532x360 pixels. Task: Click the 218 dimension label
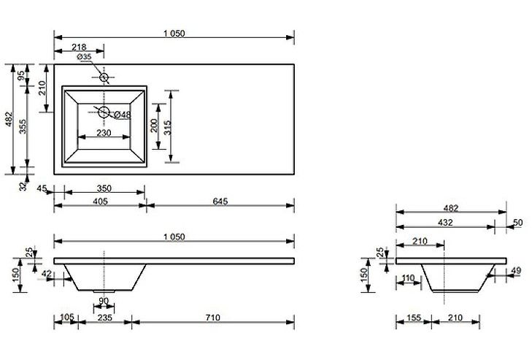click(79, 47)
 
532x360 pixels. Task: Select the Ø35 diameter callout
click(84, 57)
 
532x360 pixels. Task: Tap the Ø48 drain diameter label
click(123, 115)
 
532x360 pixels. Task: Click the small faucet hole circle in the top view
click(104, 77)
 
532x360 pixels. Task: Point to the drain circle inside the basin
click(104, 112)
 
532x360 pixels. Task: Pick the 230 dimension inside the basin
click(104, 132)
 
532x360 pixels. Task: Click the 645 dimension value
click(220, 202)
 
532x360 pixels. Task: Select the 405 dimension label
click(101, 202)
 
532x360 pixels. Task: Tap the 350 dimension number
click(104, 188)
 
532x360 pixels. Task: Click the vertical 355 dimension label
click(23, 126)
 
